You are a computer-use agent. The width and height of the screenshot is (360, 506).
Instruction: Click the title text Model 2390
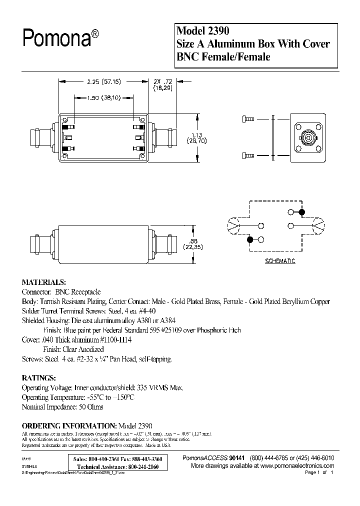(x=202, y=31)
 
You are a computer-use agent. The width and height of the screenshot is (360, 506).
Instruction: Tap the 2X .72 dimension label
(x=163, y=80)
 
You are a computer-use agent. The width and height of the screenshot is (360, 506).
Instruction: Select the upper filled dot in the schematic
(x=301, y=212)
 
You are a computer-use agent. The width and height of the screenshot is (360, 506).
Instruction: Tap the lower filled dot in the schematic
(x=250, y=240)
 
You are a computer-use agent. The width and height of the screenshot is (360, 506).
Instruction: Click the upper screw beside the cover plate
(x=247, y=119)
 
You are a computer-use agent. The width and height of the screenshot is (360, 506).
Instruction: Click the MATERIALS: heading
(x=44, y=282)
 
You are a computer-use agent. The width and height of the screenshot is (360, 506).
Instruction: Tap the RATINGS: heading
(x=39, y=377)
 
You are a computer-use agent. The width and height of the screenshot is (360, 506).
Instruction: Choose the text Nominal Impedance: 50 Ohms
(x=62, y=406)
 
